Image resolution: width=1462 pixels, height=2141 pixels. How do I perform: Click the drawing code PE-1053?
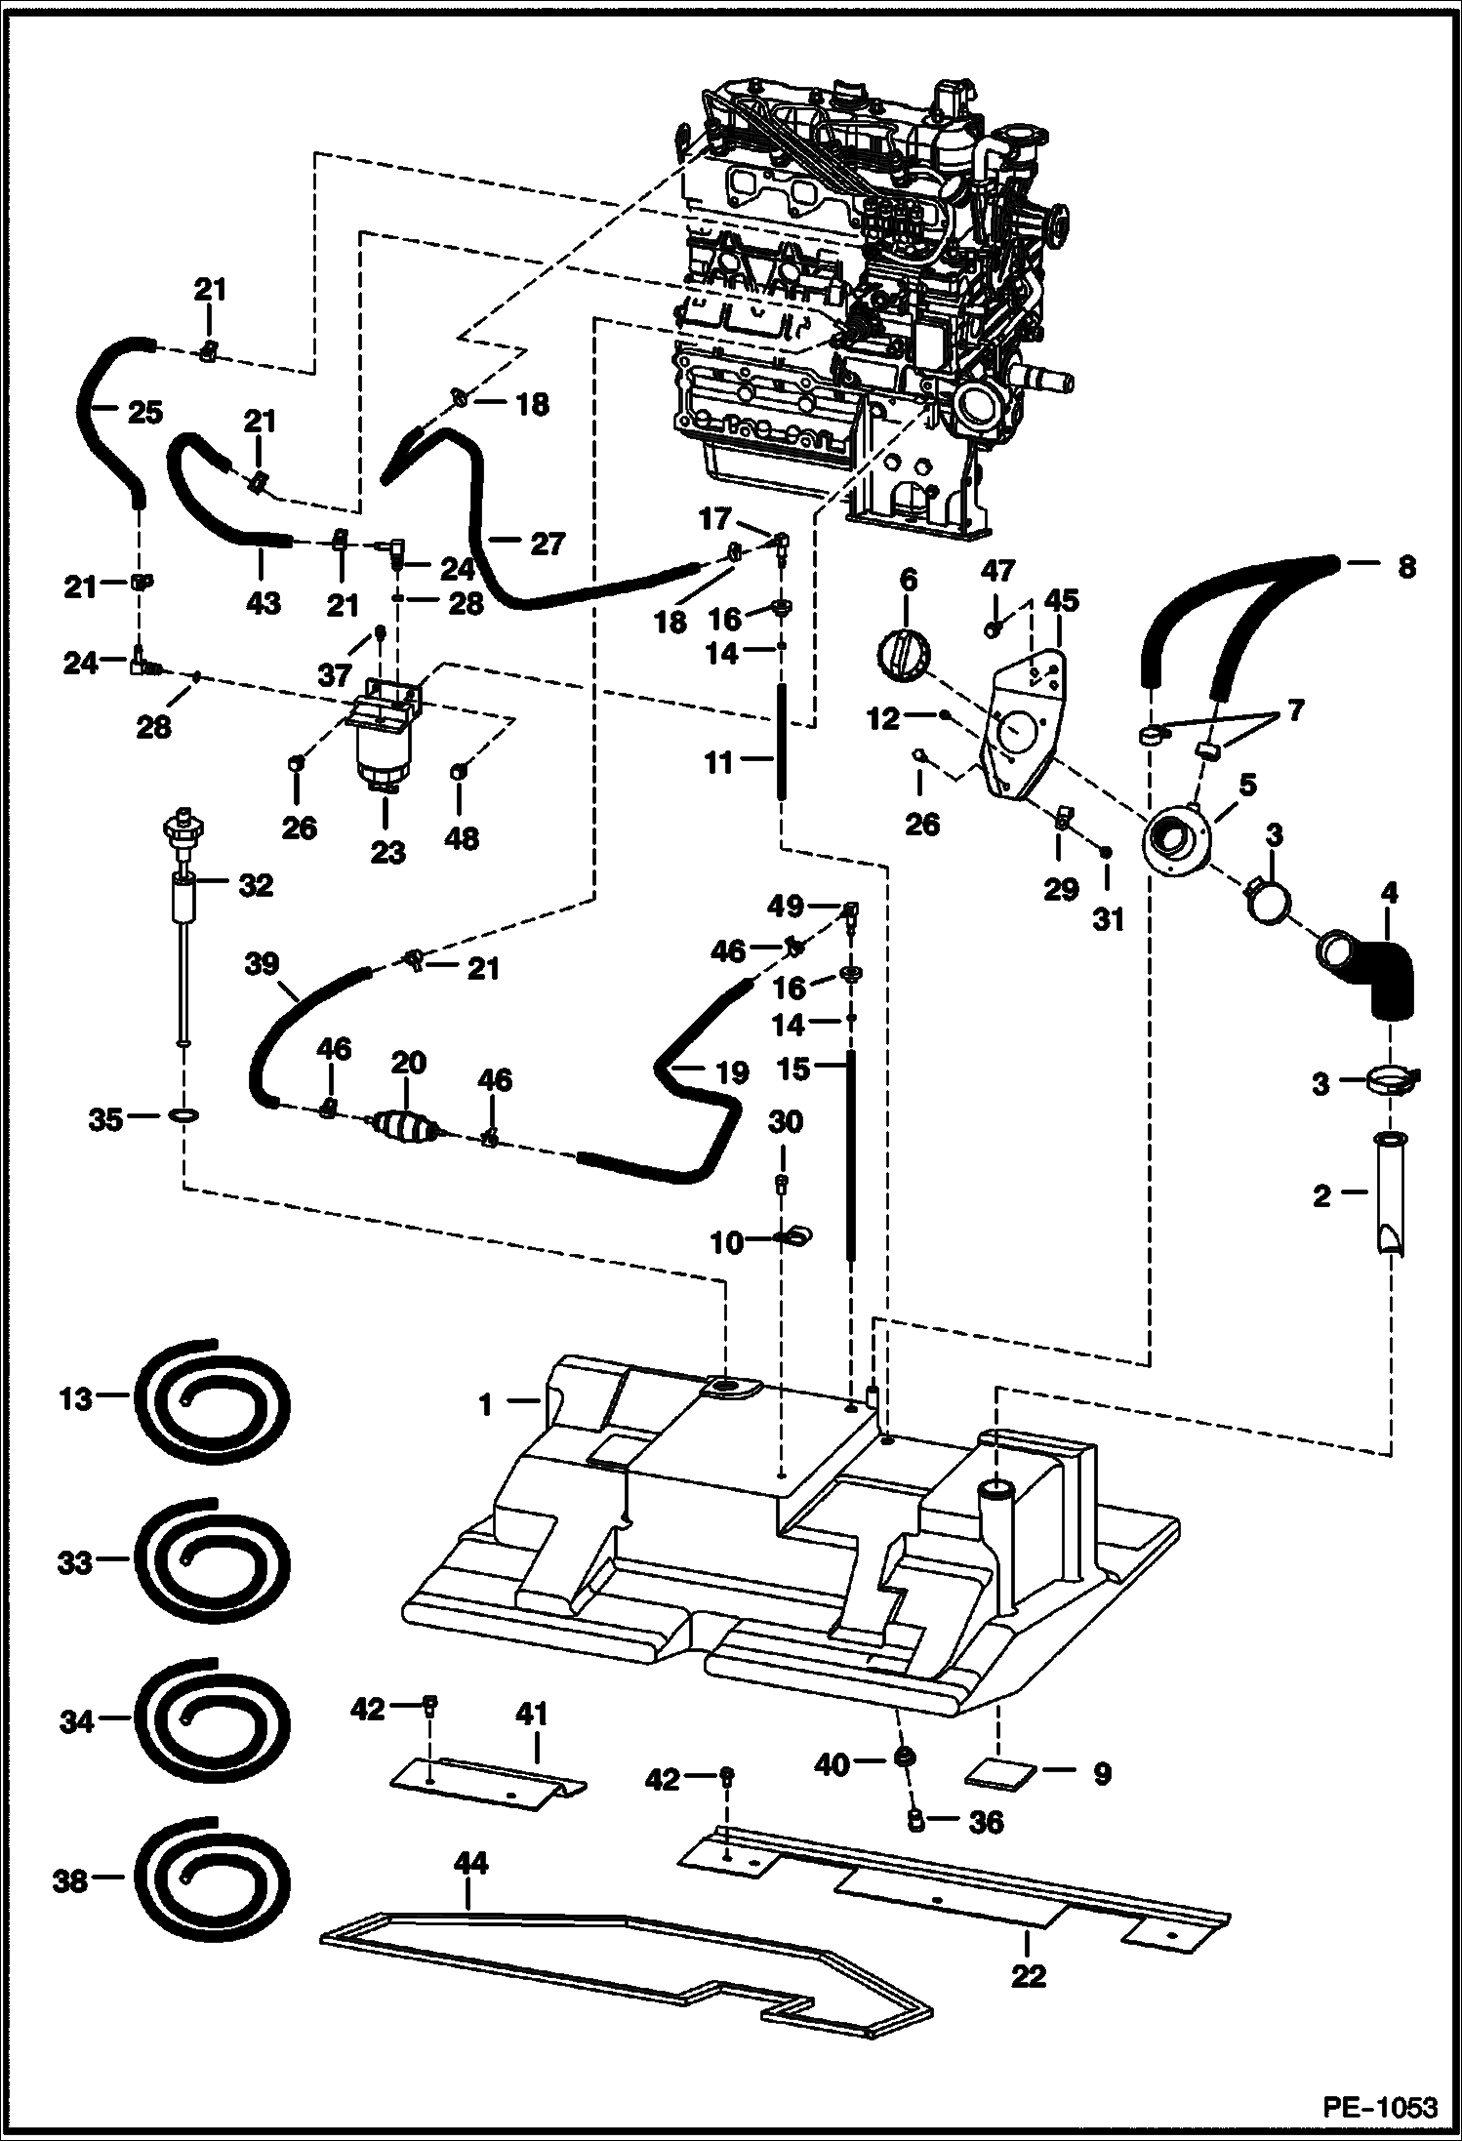(1380, 2107)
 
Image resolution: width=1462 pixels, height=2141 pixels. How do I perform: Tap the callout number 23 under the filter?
(386, 852)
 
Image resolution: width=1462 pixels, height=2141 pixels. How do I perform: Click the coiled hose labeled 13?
(212, 1400)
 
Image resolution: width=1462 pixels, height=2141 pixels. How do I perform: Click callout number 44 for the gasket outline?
(469, 1863)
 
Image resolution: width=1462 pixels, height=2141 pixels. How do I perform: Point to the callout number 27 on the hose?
(547, 544)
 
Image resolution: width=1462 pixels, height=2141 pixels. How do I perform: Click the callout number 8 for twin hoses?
(1405, 567)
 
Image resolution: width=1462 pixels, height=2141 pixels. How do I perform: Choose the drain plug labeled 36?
(916, 1820)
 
